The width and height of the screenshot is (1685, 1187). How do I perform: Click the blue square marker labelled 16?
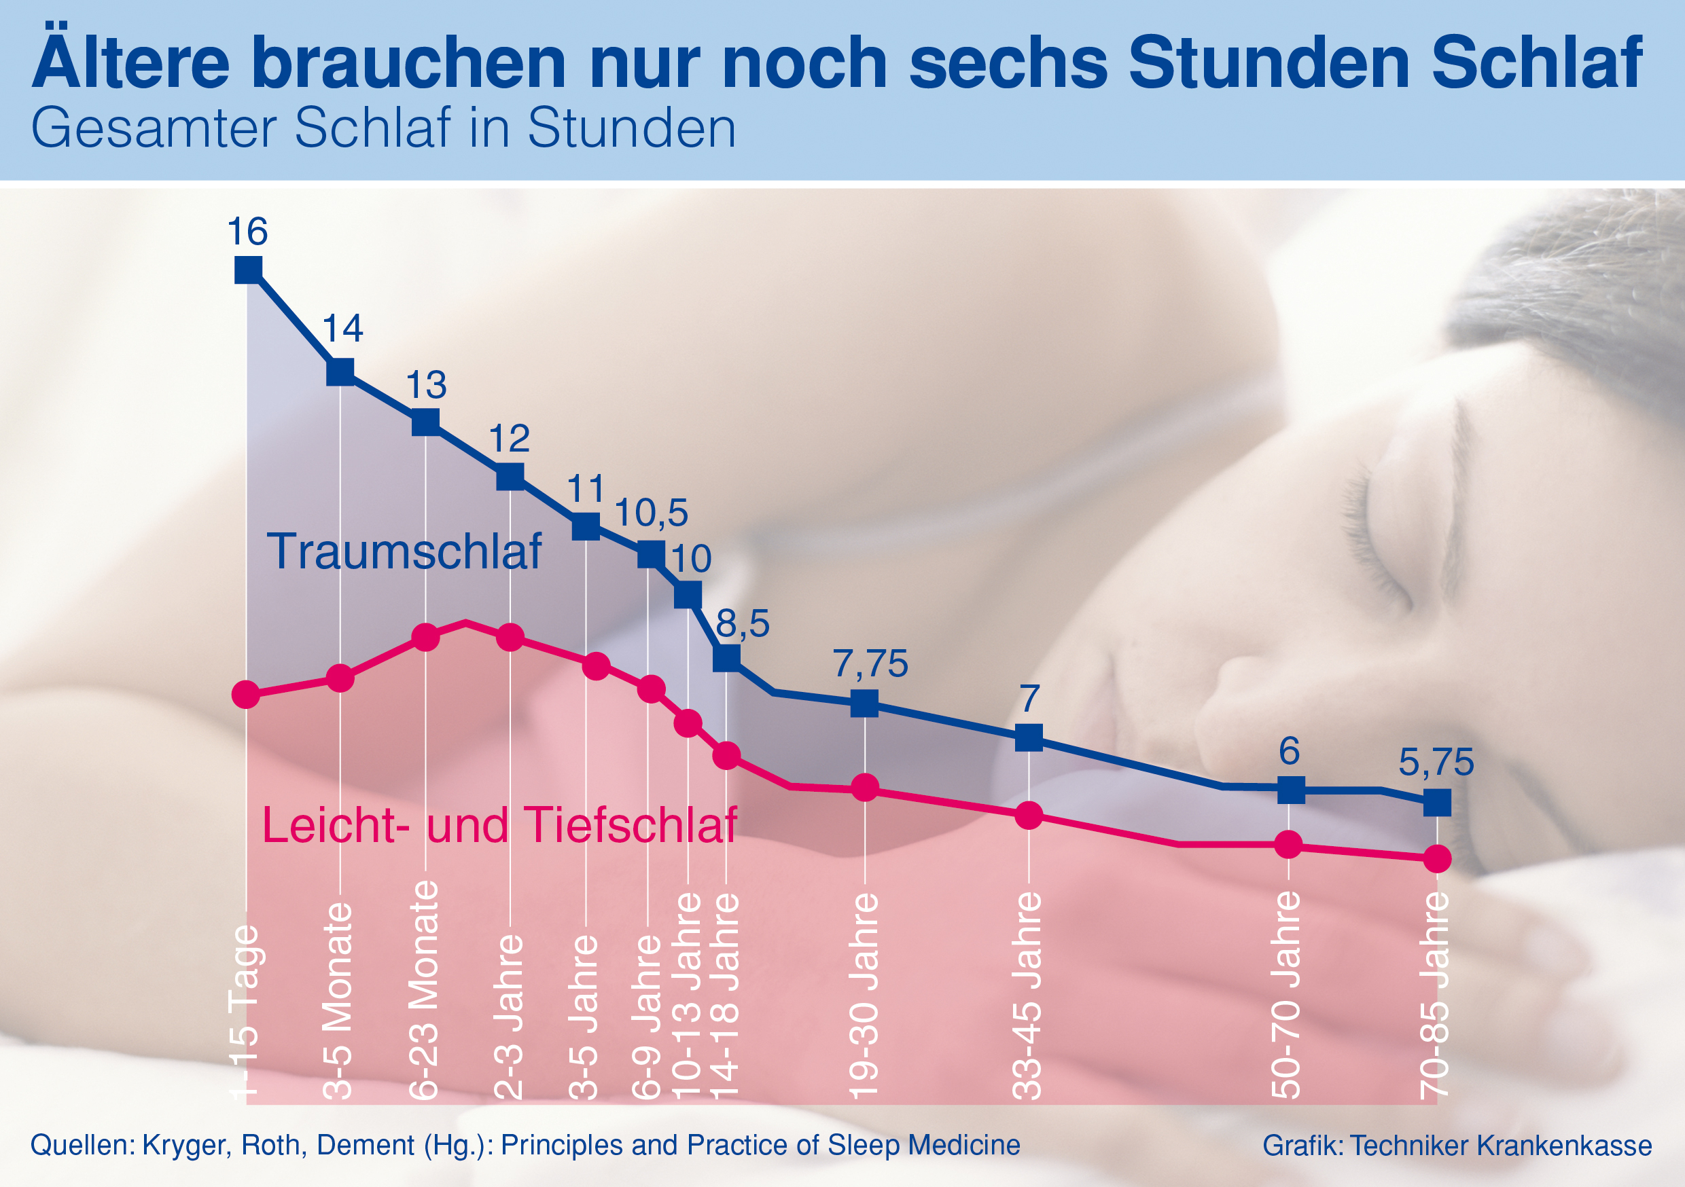click(248, 270)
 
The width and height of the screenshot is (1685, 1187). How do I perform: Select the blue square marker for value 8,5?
click(726, 658)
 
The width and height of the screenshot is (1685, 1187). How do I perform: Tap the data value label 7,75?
click(870, 664)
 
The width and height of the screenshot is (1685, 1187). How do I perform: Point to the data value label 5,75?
click(1436, 762)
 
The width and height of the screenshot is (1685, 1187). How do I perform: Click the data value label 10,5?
click(651, 513)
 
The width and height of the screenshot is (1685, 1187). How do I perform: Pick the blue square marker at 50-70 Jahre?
click(1291, 791)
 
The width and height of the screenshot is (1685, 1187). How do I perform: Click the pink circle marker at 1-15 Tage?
click(246, 694)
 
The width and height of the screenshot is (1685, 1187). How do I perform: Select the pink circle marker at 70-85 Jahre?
click(1437, 858)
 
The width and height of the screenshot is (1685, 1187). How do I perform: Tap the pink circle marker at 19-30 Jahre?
click(865, 788)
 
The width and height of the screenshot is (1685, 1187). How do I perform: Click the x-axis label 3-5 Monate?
click(338, 1001)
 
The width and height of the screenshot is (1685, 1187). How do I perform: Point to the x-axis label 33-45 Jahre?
click(1027, 996)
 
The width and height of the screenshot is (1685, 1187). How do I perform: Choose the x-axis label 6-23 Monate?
click(424, 990)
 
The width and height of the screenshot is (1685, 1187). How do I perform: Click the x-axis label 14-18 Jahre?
click(725, 996)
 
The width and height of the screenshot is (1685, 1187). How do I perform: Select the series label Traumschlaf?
click(404, 551)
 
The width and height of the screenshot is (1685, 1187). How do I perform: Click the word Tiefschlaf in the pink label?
click(631, 825)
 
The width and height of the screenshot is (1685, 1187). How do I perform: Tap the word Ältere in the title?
click(130, 62)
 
